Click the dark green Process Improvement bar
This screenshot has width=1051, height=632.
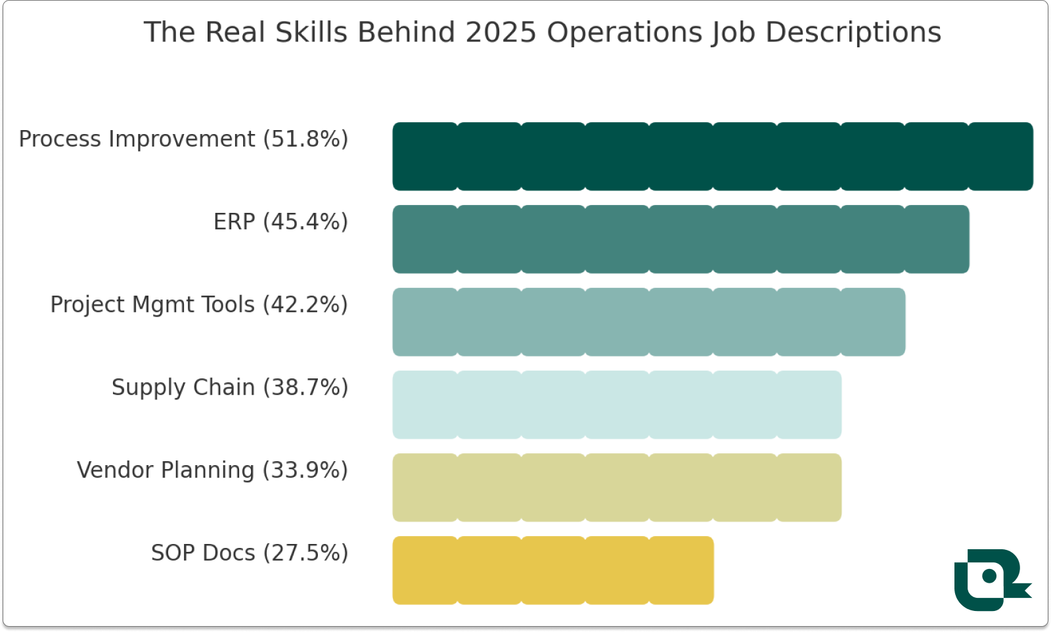click(x=713, y=156)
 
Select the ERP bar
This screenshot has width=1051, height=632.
click(x=681, y=239)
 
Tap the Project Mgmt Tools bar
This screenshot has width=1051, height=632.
click(x=649, y=322)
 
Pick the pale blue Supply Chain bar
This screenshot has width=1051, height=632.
click(x=617, y=405)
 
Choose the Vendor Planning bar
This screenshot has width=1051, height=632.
click(x=617, y=487)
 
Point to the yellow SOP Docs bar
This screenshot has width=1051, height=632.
click(x=553, y=570)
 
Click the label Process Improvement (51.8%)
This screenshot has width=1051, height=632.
click(x=183, y=139)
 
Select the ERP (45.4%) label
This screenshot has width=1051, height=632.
click(x=280, y=222)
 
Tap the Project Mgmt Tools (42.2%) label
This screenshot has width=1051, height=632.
click(x=199, y=305)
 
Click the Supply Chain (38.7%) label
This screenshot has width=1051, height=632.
click(x=230, y=388)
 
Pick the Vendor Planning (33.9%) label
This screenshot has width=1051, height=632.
click(x=212, y=470)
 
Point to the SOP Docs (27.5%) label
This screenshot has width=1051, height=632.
click(x=250, y=553)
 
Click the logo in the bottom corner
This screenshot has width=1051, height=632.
click(x=991, y=579)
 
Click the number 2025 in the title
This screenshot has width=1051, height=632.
click(x=501, y=33)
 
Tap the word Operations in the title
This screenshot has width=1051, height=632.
click(x=625, y=33)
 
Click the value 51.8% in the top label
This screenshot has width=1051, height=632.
click(x=305, y=139)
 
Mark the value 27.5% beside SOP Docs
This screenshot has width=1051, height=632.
click(x=305, y=553)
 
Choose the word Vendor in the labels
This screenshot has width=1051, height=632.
click(x=115, y=470)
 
